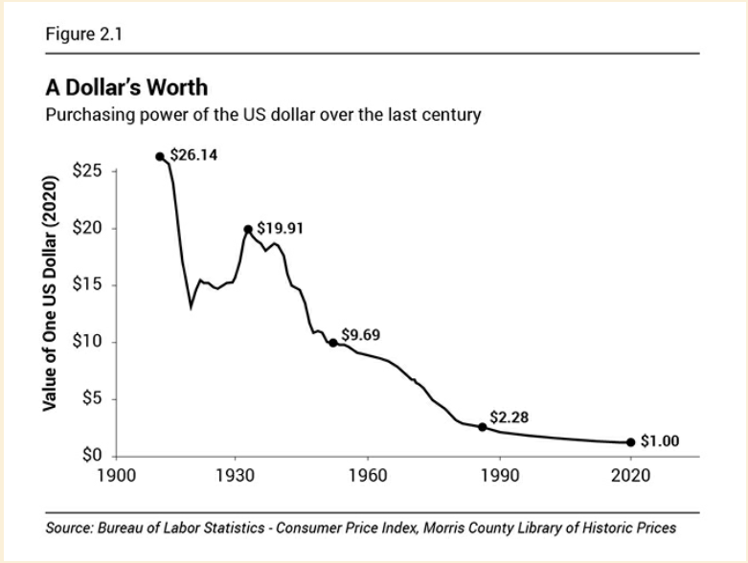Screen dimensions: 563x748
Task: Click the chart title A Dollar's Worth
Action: coord(126,88)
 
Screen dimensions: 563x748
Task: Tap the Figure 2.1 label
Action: coord(83,35)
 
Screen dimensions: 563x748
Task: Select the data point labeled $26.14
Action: coord(160,157)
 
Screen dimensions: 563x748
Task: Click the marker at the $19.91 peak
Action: coord(248,230)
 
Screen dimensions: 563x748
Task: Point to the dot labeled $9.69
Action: coord(332,343)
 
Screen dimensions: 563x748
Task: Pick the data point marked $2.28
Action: coord(483,427)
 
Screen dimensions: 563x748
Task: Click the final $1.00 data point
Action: coord(630,442)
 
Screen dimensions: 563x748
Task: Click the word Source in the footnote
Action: coord(68,528)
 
